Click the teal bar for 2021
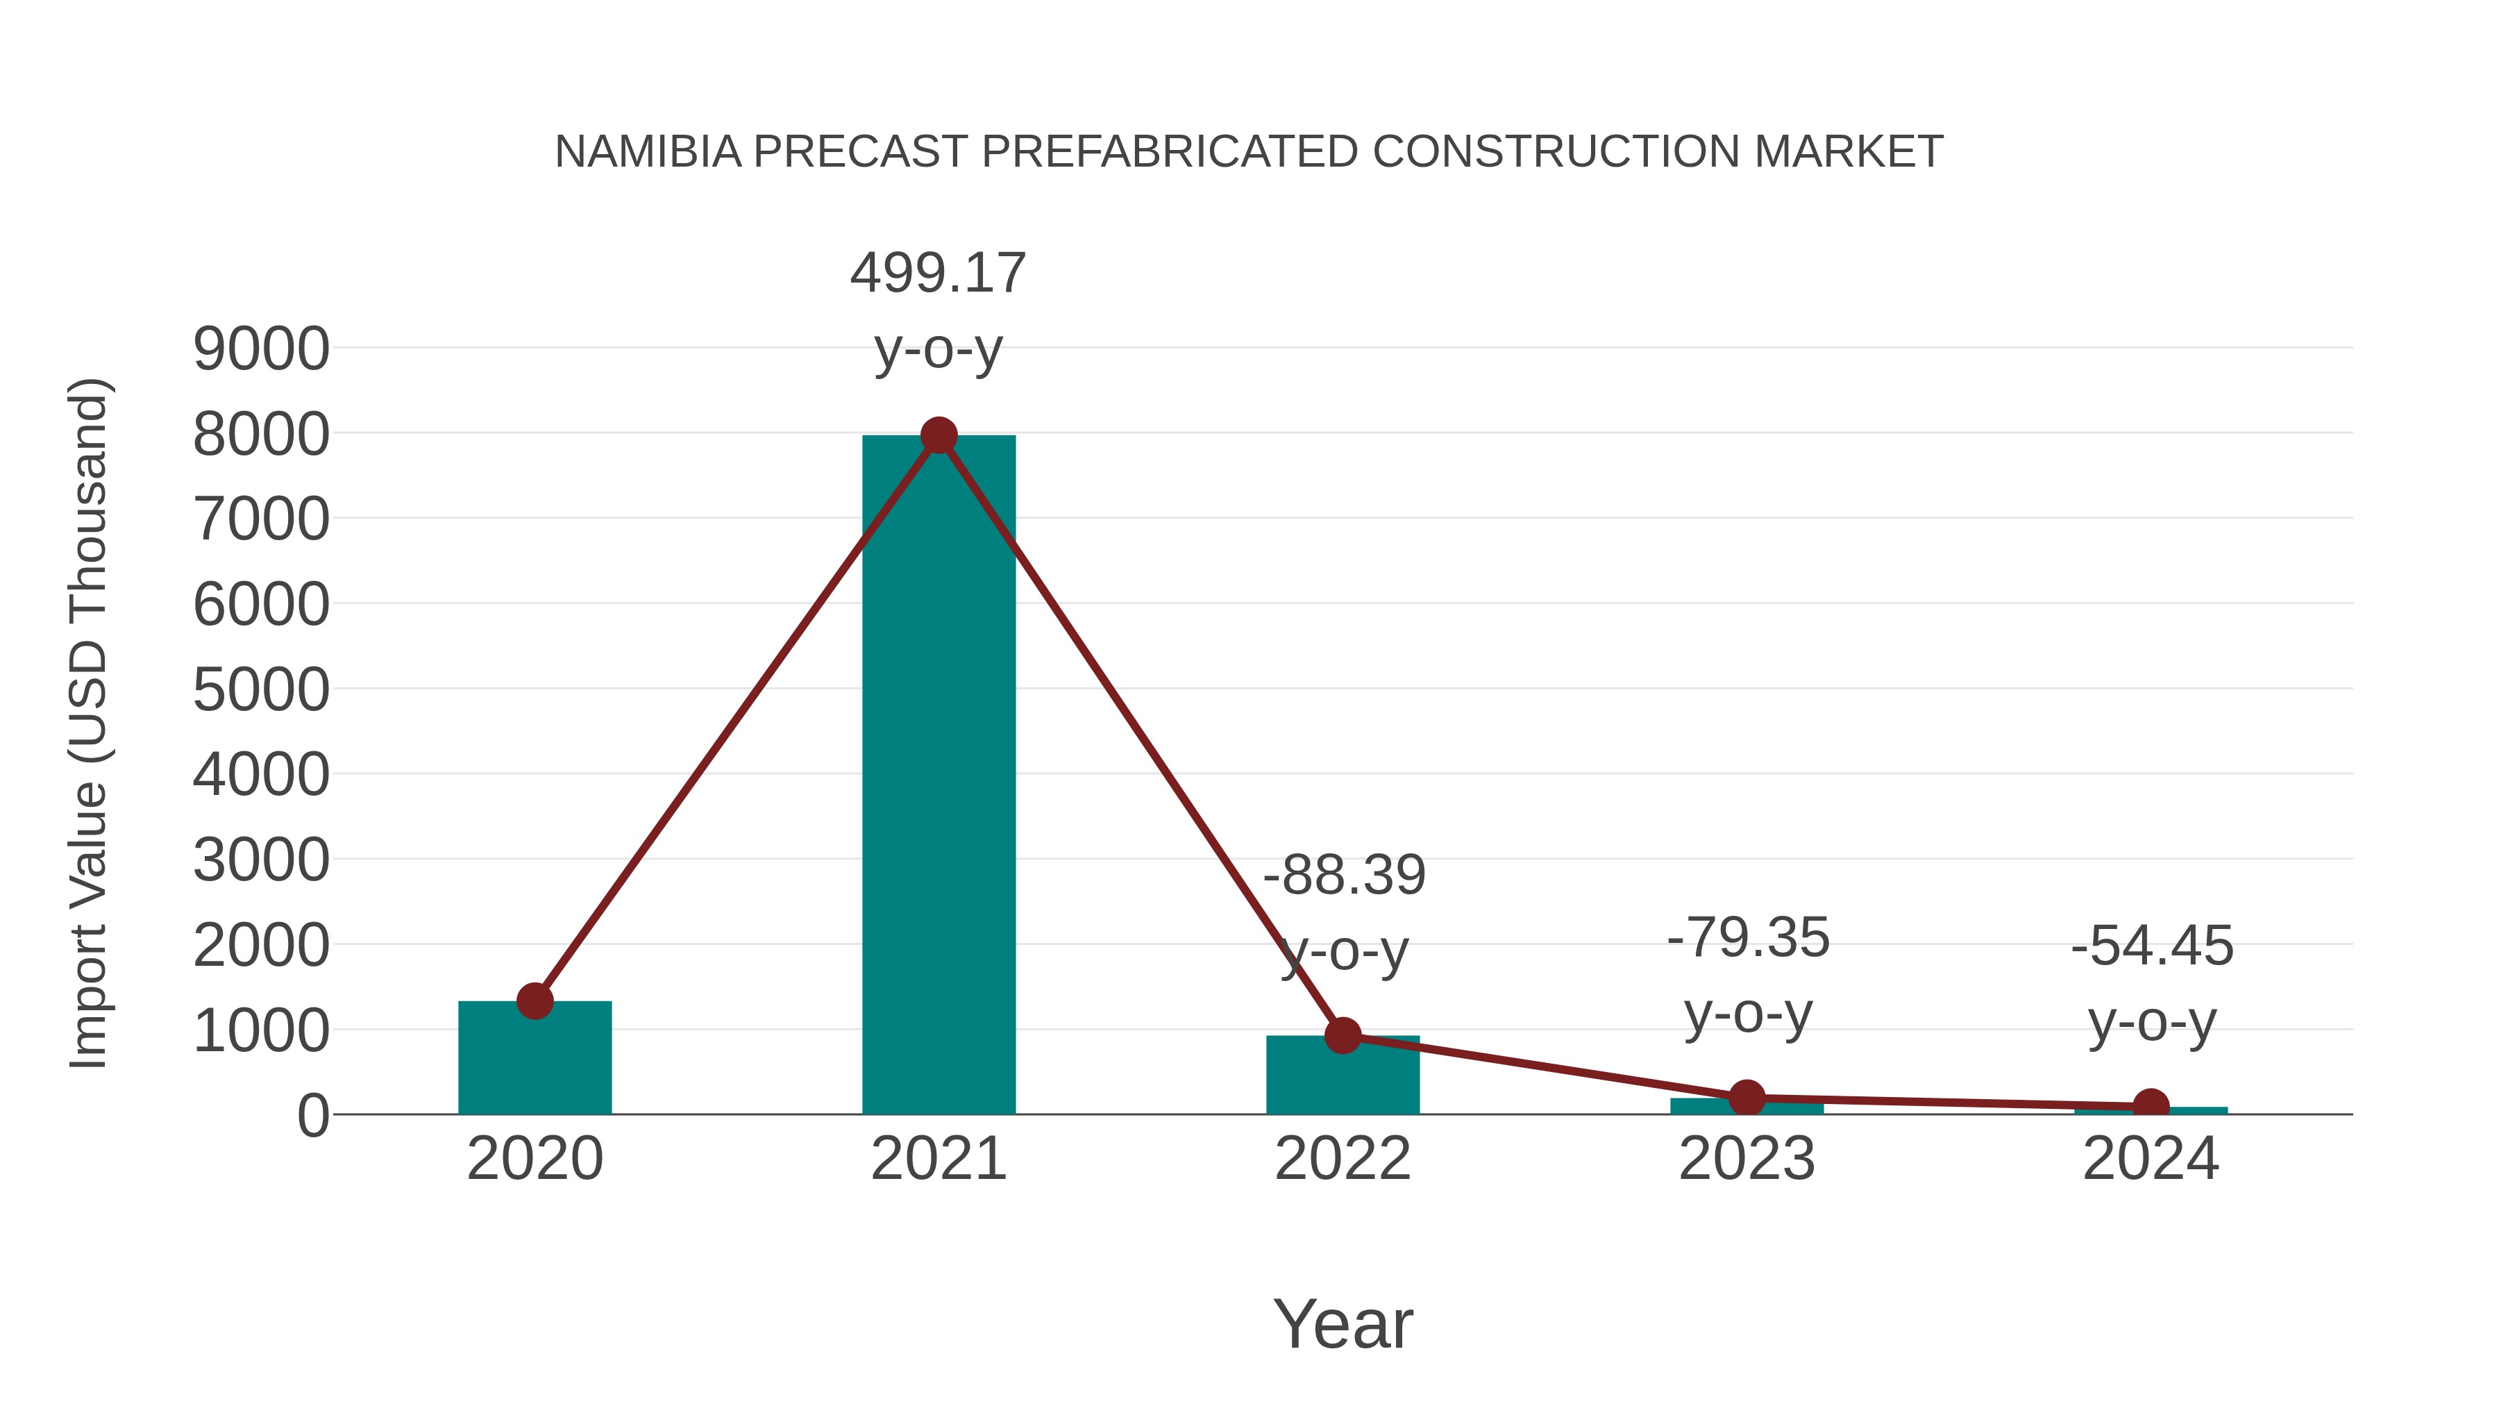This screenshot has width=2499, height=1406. [x=938, y=776]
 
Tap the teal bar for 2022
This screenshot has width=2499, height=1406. [x=1343, y=1077]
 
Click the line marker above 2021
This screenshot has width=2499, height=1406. [x=938, y=435]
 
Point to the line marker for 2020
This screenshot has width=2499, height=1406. [x=535, y=1001]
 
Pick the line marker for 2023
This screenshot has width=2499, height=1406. [x=1747, y=1098]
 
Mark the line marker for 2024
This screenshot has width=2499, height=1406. [x=2151, y=1105]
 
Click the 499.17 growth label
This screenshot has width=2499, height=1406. [x=938, y=273]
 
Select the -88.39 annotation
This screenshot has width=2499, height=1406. [x=1344, y=876]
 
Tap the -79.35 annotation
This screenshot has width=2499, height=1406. [x=1748, y=938]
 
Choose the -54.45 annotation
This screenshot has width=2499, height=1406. [x=2152, y=946]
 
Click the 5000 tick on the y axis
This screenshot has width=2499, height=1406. [x=261, y=691]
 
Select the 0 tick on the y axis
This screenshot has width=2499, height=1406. [x=312, y=1116]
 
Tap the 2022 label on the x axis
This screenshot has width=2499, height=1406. [x=1343, y=1159]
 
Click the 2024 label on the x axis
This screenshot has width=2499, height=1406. [x=2151, y=1159]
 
